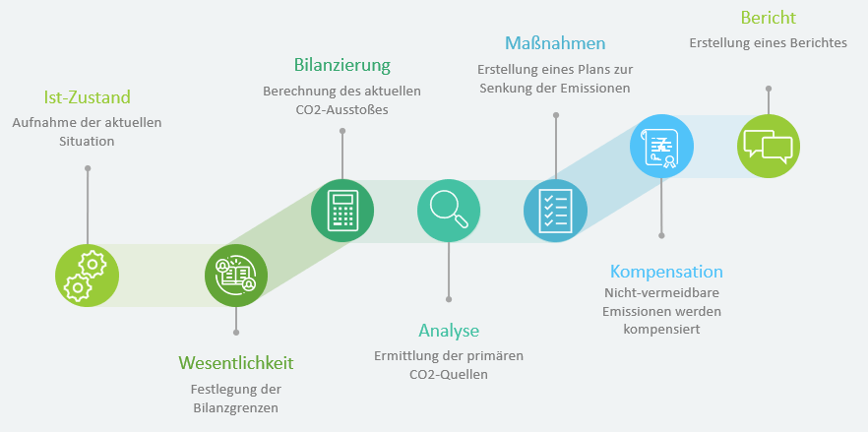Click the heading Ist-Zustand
click(x=88, y=97)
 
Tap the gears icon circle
click(x=87, y=276)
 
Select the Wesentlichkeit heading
click(x=236, y=363)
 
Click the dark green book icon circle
click(x=236, y=276)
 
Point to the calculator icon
click(x=342, y=211)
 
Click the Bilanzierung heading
click(x=342, y=65)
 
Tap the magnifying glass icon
click(x=449, y=210)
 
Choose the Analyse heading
click(x=449, y=331)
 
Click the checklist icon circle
click(x=555, y=211)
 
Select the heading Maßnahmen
click(x=555, y=43)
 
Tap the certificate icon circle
click(x=661, y=147)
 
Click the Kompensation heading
click(x=666, y=272)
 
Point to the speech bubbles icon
click(x=768, y=147)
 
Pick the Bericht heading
click(x=769, y=18)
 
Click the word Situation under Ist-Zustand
click(x=87, y=142)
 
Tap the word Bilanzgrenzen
click(x=236, y=408)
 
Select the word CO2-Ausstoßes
click(x=342, y=109)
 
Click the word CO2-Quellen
click(x=449, y=374)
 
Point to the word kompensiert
click(x=661, y=330)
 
